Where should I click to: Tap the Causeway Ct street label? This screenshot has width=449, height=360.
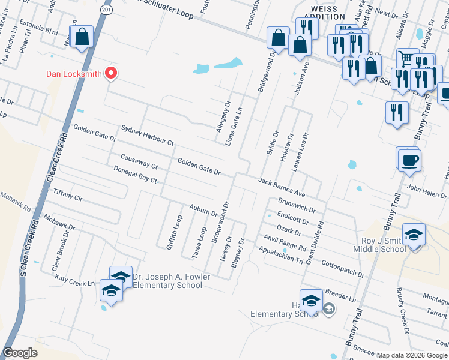pos(139,161)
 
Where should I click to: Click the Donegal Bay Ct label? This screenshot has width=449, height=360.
pos(135,176)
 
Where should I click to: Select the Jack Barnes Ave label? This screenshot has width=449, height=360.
pos(282,187)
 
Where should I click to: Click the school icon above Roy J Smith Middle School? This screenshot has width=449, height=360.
pos(414,235)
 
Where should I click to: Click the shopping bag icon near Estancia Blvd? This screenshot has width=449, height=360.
pos(82,37)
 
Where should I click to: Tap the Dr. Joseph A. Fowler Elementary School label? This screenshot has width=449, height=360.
pos(171,281)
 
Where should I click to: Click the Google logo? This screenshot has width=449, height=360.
pos(20,353)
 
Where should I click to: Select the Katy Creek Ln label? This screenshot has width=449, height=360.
pos(76,280)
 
